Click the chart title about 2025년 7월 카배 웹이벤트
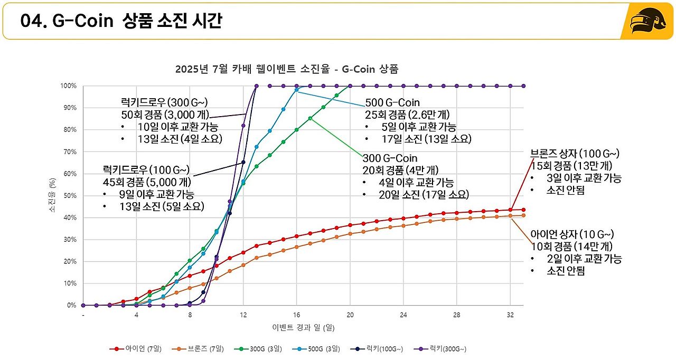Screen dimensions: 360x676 (286, 69)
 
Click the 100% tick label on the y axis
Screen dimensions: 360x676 (69, 86)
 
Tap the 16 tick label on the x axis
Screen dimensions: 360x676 (296, 315)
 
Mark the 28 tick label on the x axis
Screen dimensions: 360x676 (457, 315)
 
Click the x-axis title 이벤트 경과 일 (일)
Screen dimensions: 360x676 (303, 327)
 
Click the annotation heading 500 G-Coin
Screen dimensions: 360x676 (392, 103)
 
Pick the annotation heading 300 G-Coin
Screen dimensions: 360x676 (390, 158)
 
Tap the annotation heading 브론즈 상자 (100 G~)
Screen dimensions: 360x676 (575, 154)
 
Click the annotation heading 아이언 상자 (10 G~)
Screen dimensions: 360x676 (572, 234)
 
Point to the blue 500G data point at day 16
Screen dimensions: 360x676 (297, 90)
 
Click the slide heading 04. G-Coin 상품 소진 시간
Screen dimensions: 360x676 (121, 21)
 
